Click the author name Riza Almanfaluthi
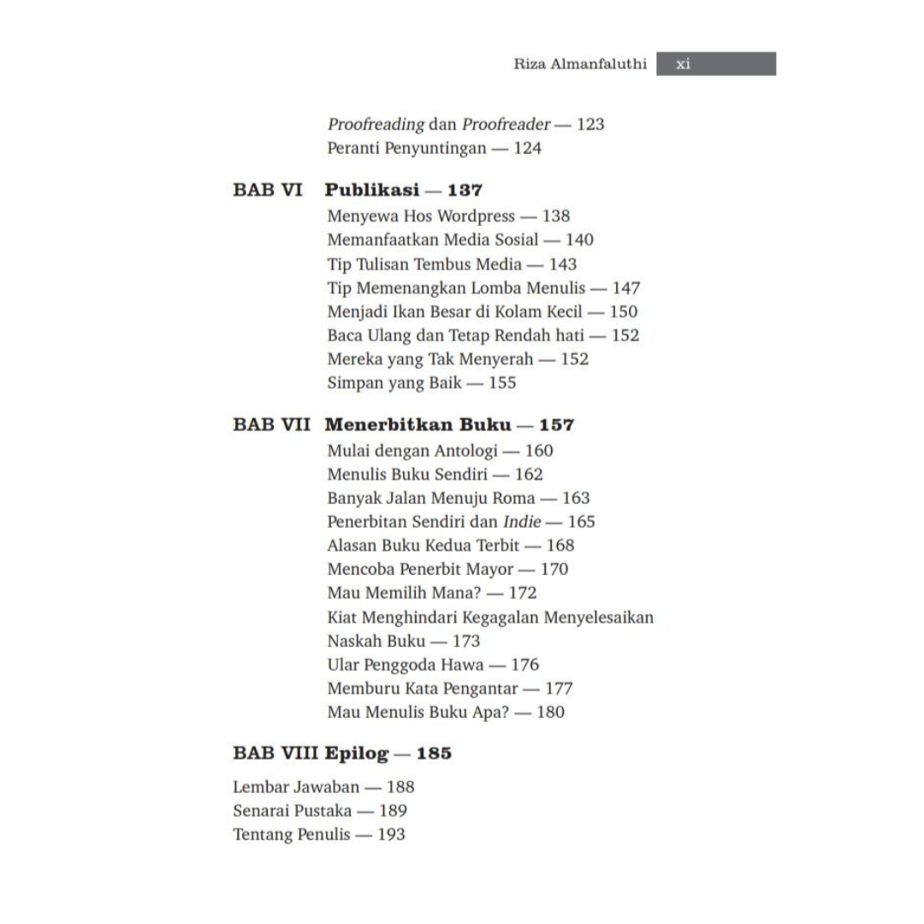point(579,64)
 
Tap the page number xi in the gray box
point(683,64)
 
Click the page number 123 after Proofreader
point(590,124)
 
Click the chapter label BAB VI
point(267,190)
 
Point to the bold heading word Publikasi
point(371,190)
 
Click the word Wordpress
point(476,216)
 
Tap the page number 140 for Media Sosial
point(579,240)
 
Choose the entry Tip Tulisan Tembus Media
point(423,264)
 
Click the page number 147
point(625,288)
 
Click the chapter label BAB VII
point(271,425)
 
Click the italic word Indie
point(522,522)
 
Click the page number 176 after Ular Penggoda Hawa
point(525,665)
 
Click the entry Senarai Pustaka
point(292,811)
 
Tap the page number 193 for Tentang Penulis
point(391,835)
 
